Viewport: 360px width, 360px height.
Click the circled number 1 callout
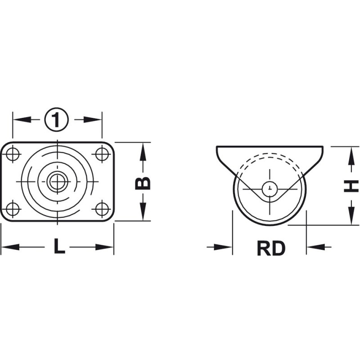pos(57,119)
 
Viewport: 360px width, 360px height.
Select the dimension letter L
pos(59,246)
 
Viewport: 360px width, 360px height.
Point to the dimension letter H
pos(351,186)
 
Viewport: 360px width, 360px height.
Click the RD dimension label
pos(271,248)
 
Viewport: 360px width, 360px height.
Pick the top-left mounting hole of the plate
pos(13,154)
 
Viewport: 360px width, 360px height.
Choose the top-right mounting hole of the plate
pos(102,154)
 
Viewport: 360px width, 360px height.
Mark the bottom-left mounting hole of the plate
pos(13,209)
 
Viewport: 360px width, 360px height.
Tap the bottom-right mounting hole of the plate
pos(102,209)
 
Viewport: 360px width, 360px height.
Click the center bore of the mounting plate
pos(57,182)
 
